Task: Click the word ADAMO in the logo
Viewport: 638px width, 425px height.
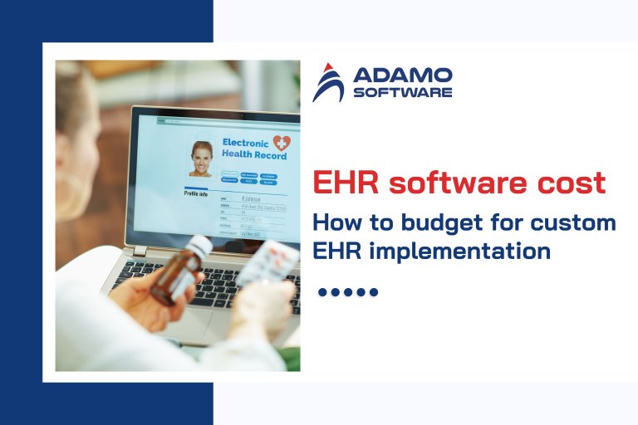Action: coord(402,76)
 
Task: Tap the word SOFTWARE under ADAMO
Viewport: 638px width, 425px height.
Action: coord(402,92)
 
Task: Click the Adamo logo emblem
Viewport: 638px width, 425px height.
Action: coord(328,82)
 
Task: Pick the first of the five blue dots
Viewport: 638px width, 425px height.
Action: coord(323,292)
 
